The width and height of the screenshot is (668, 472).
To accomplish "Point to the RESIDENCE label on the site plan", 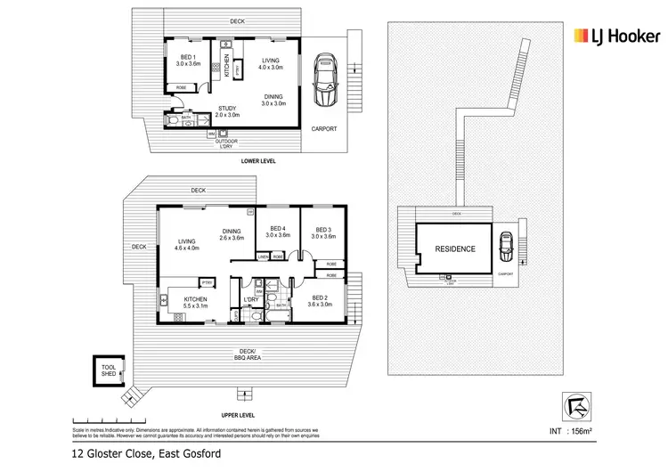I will [x=454, y=249].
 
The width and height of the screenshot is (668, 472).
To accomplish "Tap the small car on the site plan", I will [x=506, y=243].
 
